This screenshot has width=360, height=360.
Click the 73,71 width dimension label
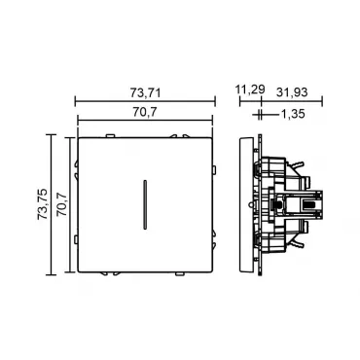coord(146,93)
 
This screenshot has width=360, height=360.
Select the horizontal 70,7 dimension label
coord(145,112)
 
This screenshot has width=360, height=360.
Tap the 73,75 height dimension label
coord(43,204)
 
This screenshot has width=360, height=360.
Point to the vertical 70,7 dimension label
coord(61,204)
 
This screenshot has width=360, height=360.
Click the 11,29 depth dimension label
coord(250,90)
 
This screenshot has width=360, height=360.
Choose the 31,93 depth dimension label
coord(292,92)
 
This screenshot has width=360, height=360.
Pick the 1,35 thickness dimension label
coord(292,114)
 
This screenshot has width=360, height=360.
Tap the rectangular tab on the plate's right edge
coord(214,169)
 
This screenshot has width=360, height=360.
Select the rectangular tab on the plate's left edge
coord(76,239)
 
